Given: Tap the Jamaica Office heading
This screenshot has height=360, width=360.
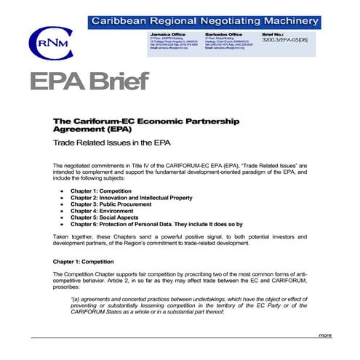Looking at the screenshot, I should (x=167, y=33).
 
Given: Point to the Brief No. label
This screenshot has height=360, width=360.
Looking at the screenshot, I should (x=274, y=33).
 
